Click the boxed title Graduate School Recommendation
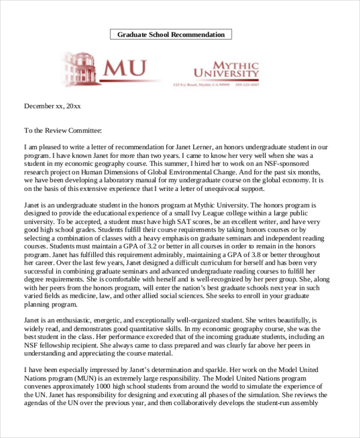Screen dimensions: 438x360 click(171, 34)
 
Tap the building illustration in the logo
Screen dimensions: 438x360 click(79, 66)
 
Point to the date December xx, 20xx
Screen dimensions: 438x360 click(52, 106)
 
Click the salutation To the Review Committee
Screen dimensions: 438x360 click(63, 130)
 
